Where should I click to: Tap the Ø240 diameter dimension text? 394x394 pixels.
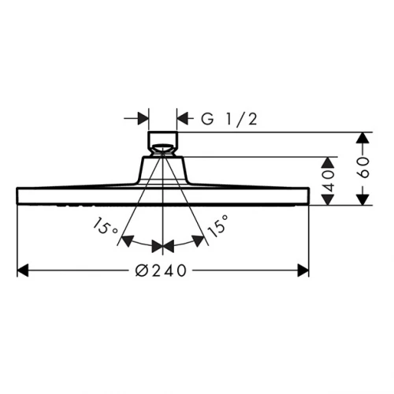pos(162,270)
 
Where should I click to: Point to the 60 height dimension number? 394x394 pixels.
pos(363,169)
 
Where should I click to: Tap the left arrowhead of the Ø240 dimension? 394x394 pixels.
pos(24,270)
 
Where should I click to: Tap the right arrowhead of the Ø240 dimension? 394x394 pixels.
pos(303,270)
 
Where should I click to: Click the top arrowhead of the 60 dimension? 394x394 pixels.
pos(362,139)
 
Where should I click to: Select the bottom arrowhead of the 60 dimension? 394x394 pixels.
pos(362,199)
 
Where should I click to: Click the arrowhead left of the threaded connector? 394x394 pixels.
pos(143,119)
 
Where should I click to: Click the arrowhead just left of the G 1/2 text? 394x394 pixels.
pos(182,119)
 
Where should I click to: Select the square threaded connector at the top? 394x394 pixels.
pos(162,143)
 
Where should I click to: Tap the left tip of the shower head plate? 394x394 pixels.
pos(18,195)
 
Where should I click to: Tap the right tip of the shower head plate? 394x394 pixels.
pos(307,195)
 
